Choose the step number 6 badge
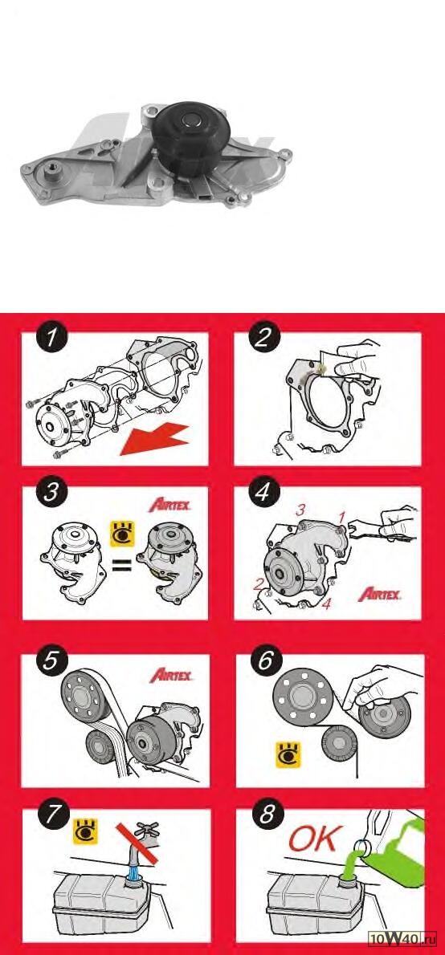pyautogui.click(x=264, y=660)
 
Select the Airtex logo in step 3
pyautogui.click(x=170, y=506)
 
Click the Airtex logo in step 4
pyautogui.click(x=380, y=594)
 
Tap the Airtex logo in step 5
pyautogui.click(x=171, y=675)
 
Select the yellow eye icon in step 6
pyautogui.click(x=288, y=754)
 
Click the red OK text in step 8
pyautogui.click(x=312, y=839)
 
